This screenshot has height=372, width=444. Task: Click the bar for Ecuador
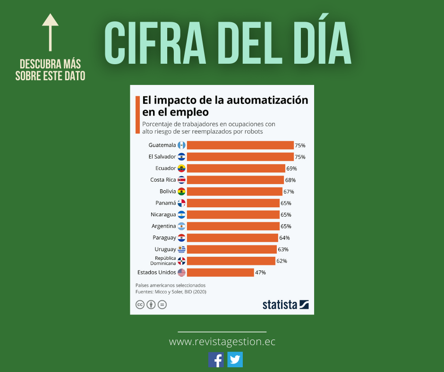click(x=236, y=168)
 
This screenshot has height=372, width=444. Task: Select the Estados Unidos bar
click(x=220, y=272)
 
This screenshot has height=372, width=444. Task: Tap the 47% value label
click(x=260, y=272)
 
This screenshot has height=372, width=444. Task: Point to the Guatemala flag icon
click(x=181, y=145)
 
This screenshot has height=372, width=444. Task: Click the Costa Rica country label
click(x=163, y=180)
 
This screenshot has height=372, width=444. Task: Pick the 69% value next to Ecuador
click(x=291, y=168)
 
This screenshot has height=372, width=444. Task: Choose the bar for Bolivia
click(x=234, y=191)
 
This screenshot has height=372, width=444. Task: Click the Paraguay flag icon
click(x=181, y=237)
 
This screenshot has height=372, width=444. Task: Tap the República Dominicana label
click(x=163, y=261)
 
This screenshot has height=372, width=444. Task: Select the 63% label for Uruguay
click(x=283, y=249)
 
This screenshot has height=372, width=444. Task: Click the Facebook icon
click(x=216, y=360)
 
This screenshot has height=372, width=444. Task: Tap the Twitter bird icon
click(x=235, y=360)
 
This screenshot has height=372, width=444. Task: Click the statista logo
click(x=285, y=304)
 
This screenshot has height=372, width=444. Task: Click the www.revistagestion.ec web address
click(x=222, y=341)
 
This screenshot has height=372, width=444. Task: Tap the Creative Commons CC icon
click(x=140, y=304)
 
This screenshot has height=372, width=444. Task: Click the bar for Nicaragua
click(x=233, y=214)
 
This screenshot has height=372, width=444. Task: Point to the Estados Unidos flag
click(x=181, y=272)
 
